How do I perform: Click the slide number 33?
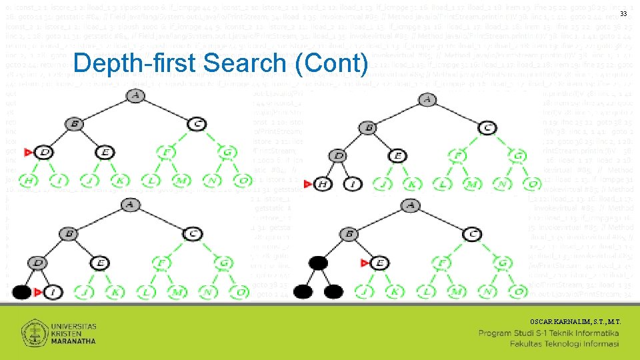click(x=623, y=14)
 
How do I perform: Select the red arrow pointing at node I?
click(x=39, y=291)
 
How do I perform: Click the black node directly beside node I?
click(x=21, y=291)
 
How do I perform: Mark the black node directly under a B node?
click(x=319, y=262)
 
